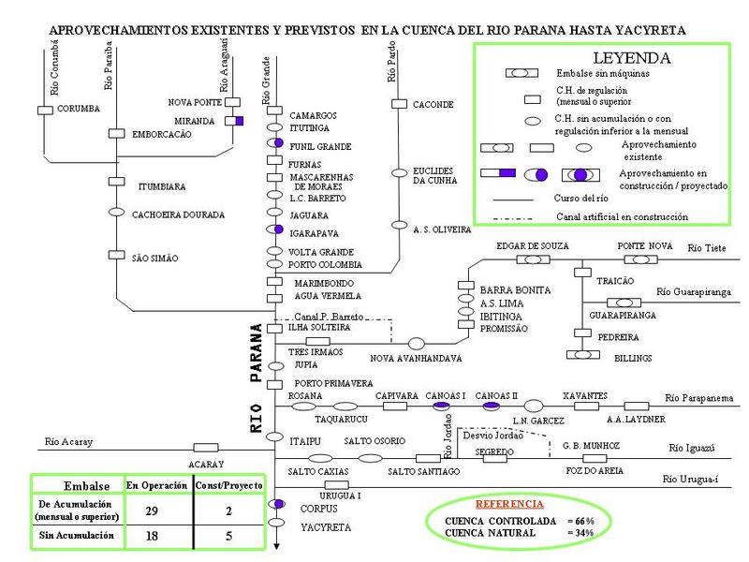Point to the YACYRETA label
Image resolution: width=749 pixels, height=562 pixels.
pos(326,527)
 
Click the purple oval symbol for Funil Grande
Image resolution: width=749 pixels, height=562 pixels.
pos(275,142)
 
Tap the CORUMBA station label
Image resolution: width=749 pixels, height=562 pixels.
pos(78,109)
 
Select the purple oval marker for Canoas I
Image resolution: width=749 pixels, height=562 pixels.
pos(443,406)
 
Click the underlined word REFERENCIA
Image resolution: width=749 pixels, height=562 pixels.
pos(509,504)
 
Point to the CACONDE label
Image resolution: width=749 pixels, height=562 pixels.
pos(433,105)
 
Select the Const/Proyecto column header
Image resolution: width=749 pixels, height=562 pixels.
pos(228,485)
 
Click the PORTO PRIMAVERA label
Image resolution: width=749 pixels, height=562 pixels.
pos(334,383)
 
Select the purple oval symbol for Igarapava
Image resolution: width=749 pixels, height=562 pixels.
pos(275,229)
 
